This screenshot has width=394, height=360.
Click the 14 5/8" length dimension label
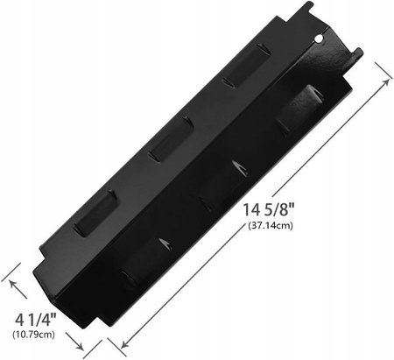pos(269,209)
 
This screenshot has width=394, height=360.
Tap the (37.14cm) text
pos(271,225)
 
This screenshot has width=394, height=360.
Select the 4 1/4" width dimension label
pos(35,320)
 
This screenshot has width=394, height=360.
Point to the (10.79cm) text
pos(33,334)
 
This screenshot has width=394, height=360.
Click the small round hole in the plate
pos(320,38)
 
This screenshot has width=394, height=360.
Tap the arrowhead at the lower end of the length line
pos(125,343)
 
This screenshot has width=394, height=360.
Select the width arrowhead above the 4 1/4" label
pos(13,284)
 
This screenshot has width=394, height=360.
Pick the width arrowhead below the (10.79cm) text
pos(80,346)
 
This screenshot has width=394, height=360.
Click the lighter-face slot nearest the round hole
pos(248,66)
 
